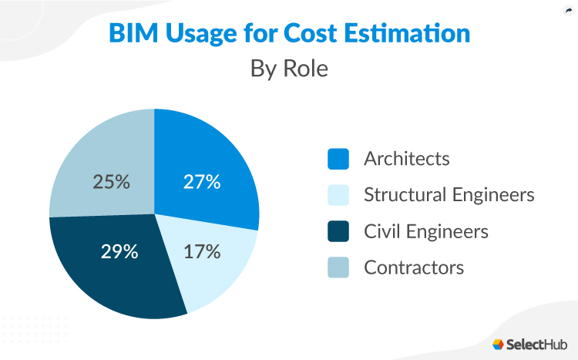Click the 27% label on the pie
[202, 183]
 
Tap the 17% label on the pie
[202, 251]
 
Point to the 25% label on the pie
[111, 183]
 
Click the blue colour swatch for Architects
[338, 159]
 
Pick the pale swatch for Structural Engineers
[338, 195]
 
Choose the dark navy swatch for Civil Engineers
[338, 231]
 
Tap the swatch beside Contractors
[338, 267]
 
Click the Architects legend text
[406, 159]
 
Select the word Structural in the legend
[402, 195]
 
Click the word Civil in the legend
[383, 231]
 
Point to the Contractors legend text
[413, 267]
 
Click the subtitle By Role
[289, 68]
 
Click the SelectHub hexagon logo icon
[499, 344]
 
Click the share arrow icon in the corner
[568, 10]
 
